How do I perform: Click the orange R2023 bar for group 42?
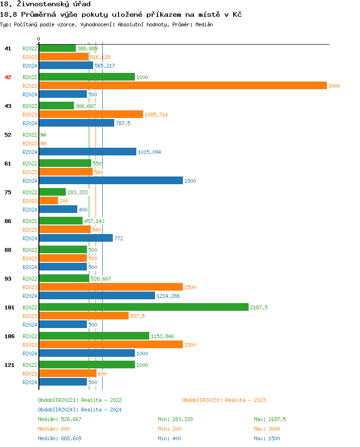coord(183,85)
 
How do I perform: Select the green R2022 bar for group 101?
coord(144,307)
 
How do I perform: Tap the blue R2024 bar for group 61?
coord(111,180)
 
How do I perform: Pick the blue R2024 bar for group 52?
coord(87,152)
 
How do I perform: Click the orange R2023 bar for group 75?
coord(48,200)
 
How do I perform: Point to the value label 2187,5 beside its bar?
coord(259,307)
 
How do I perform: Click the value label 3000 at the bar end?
coord(334,86)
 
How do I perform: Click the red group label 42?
coord(8,77)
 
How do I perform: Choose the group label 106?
coord(9,336)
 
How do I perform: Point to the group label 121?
coord(9,365)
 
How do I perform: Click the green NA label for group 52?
coord(43,135)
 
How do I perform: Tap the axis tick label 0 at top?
coord(39,39)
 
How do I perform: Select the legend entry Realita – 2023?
coord(224,400)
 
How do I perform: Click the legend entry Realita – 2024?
coord(80,410)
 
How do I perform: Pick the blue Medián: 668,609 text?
coord(60,438)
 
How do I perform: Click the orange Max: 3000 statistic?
coord(267,429)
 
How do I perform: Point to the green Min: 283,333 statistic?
coord(175,419)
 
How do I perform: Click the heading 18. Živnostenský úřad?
coord(45,4)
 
